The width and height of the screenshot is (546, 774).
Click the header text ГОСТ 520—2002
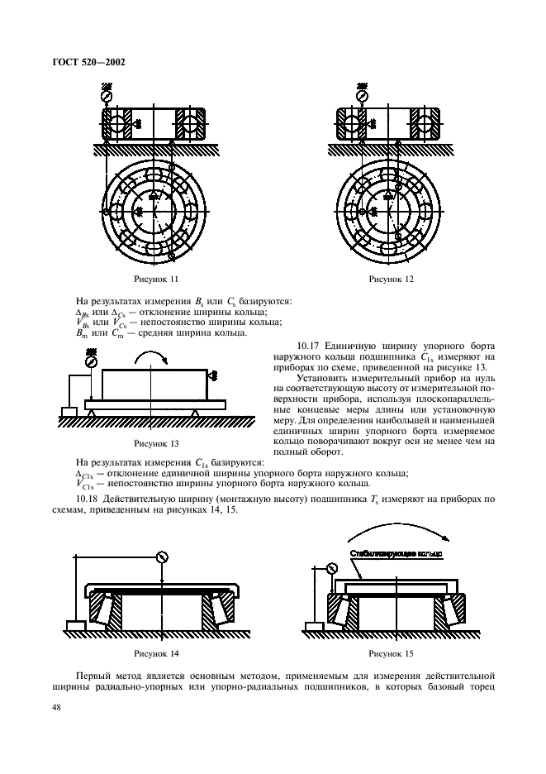point(90,63)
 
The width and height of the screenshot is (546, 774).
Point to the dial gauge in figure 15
point(333,568)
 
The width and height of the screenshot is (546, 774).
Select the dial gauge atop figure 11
point(106,96)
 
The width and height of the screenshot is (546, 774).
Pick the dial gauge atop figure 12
point(360,96)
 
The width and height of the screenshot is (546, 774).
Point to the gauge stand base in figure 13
point(69,411)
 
